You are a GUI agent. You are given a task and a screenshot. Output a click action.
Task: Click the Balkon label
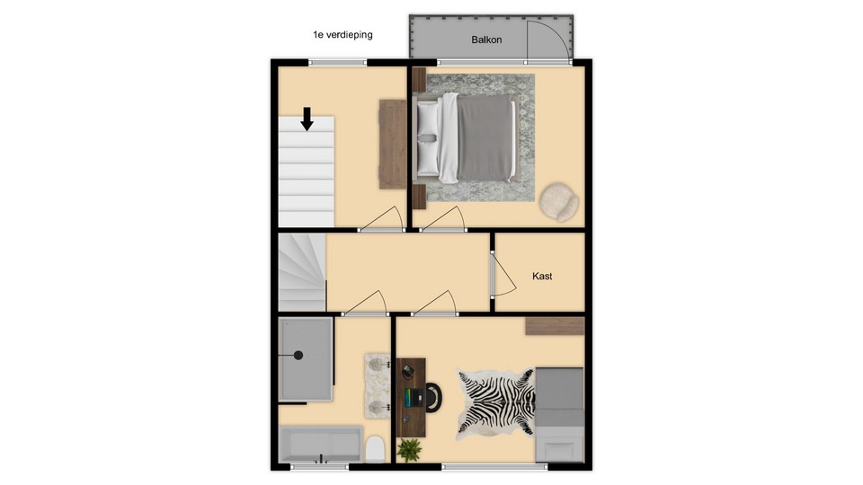pyautogui.click(x=486, y=40)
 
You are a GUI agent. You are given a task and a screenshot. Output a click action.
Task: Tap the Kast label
pyautogui.click(x=542, y=276)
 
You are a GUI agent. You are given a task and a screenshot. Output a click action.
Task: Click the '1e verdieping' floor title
pyautogui.click(x=343, y=35)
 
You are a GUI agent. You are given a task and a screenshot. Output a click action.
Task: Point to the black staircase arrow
pyautogui.click(x=307, y=119)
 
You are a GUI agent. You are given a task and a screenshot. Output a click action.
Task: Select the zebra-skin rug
pyautogui.click(x=496, y=403)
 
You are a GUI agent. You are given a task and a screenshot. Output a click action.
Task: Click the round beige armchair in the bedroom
pyautogui.click(x=558, y=202)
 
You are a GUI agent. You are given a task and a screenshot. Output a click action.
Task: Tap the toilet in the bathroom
pyautogui.click(x=376, y=449)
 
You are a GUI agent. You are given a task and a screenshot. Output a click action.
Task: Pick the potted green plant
pyautogui.click(x=409, y=450)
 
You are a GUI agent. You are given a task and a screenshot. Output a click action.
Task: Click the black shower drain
pyautogui.click(x=298, y=356)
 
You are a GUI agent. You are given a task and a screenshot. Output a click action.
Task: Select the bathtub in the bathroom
pyautogui.click(x=320, y=444)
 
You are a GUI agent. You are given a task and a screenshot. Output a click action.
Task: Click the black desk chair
pyautogui.click(x=433, y=397)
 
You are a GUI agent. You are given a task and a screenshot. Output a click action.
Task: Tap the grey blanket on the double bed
pyautogui.click(x=485, y=138)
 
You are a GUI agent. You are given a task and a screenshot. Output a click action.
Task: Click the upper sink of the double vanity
pyautogui.click(x=377, y=364)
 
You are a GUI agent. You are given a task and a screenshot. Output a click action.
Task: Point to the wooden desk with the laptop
pyautogui.click(x=411, y=398)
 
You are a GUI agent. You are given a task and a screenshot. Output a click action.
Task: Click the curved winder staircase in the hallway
pyautogui.click(x=302, y=273)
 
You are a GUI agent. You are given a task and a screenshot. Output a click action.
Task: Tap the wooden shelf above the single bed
pyautogui.click(x=555, y=326)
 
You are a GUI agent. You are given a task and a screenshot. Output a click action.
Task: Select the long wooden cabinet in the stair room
pyautogui.click(x=393, y=144)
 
